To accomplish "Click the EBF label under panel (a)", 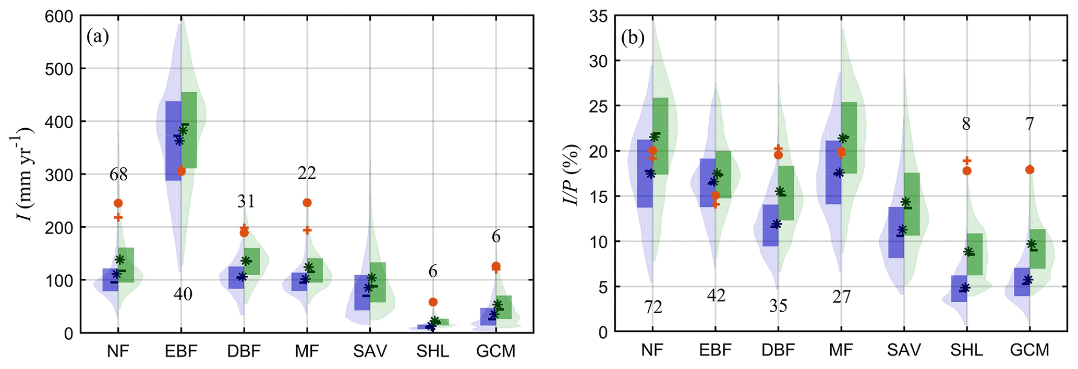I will click(x=181, y=351).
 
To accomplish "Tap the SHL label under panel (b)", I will click(x=966, y=350).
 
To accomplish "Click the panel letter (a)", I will click(x=98, y=37).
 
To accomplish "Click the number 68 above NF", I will click(x=118, y=174).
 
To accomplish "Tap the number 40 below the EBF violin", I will click(x=183, y=294).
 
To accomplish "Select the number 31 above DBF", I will click(x=246, y=201).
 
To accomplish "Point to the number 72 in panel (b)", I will click(x=653, y=308).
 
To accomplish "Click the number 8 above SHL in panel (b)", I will click(x=966, y=124).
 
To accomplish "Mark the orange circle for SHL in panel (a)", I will click(x=433, y=302).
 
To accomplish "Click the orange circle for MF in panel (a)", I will click(x=307, y=203).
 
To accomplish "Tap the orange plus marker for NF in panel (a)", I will click(x=118, y=217).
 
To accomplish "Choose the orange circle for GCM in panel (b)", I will click(x=1029, y=170).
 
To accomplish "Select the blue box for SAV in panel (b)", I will click(x=897, y=232).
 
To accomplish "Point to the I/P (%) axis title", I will click(x=574, y=174).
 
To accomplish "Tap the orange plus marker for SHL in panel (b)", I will click(x=967, y=161).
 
